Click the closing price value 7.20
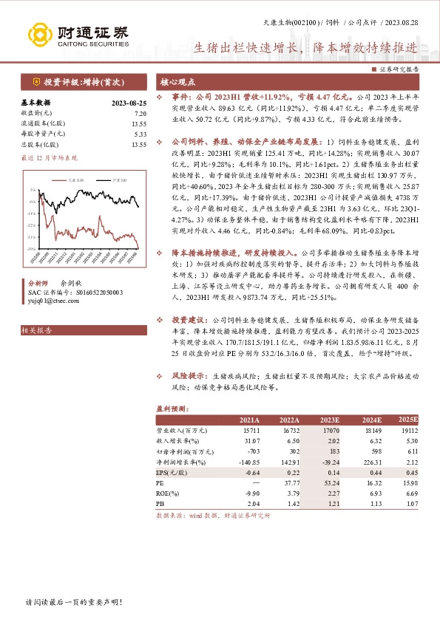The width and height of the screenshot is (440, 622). pyautogui.click(x=140, y=113)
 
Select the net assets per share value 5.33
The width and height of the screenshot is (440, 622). pyautogui.click(x=140, y=134)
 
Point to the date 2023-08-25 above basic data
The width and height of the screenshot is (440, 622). pyautogui.click(x=128, y=103)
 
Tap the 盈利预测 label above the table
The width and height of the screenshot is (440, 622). pyautogui.click(x=169, y=407)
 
